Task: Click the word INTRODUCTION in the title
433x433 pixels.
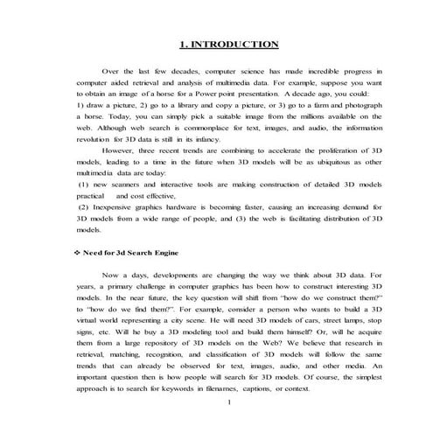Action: (x=232, y=44)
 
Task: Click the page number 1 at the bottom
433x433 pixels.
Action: (x=227, y=403)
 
